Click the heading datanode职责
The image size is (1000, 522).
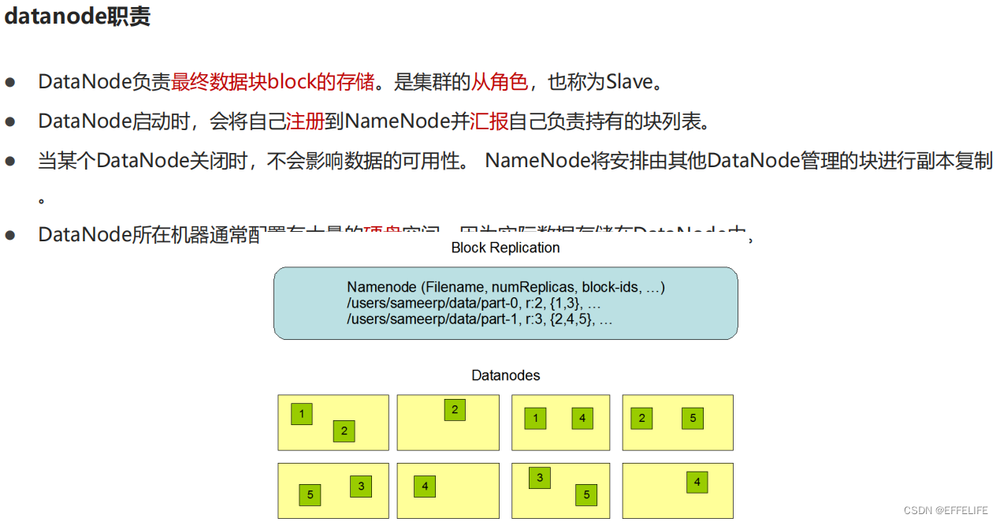[x=77, y=17]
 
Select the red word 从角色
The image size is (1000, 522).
[x=500, y=81]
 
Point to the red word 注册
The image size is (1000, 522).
[x=304, y=121]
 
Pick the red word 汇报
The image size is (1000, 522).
[x=489, y=121]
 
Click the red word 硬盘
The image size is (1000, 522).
[x=382, y=231]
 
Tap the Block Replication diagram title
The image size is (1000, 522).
[x=505, y=248]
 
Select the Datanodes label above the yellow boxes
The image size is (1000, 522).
[x=506, y=375]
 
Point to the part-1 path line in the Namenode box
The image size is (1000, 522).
[x=479, y=319]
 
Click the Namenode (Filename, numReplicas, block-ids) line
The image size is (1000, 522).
[x=506, y=288]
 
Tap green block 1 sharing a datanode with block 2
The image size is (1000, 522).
[x=301, y=414]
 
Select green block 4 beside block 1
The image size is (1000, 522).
[x=582, y=418]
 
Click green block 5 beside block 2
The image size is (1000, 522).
[x=693, y=418]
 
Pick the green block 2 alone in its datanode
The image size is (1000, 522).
[x=454, y=409]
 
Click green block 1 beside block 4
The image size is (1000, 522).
[x=535, y=418]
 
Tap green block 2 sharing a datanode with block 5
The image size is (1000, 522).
[x=641, y=418]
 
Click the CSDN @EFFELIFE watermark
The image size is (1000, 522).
[x=945, y=510]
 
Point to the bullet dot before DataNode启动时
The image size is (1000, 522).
[x=10, y=121]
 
